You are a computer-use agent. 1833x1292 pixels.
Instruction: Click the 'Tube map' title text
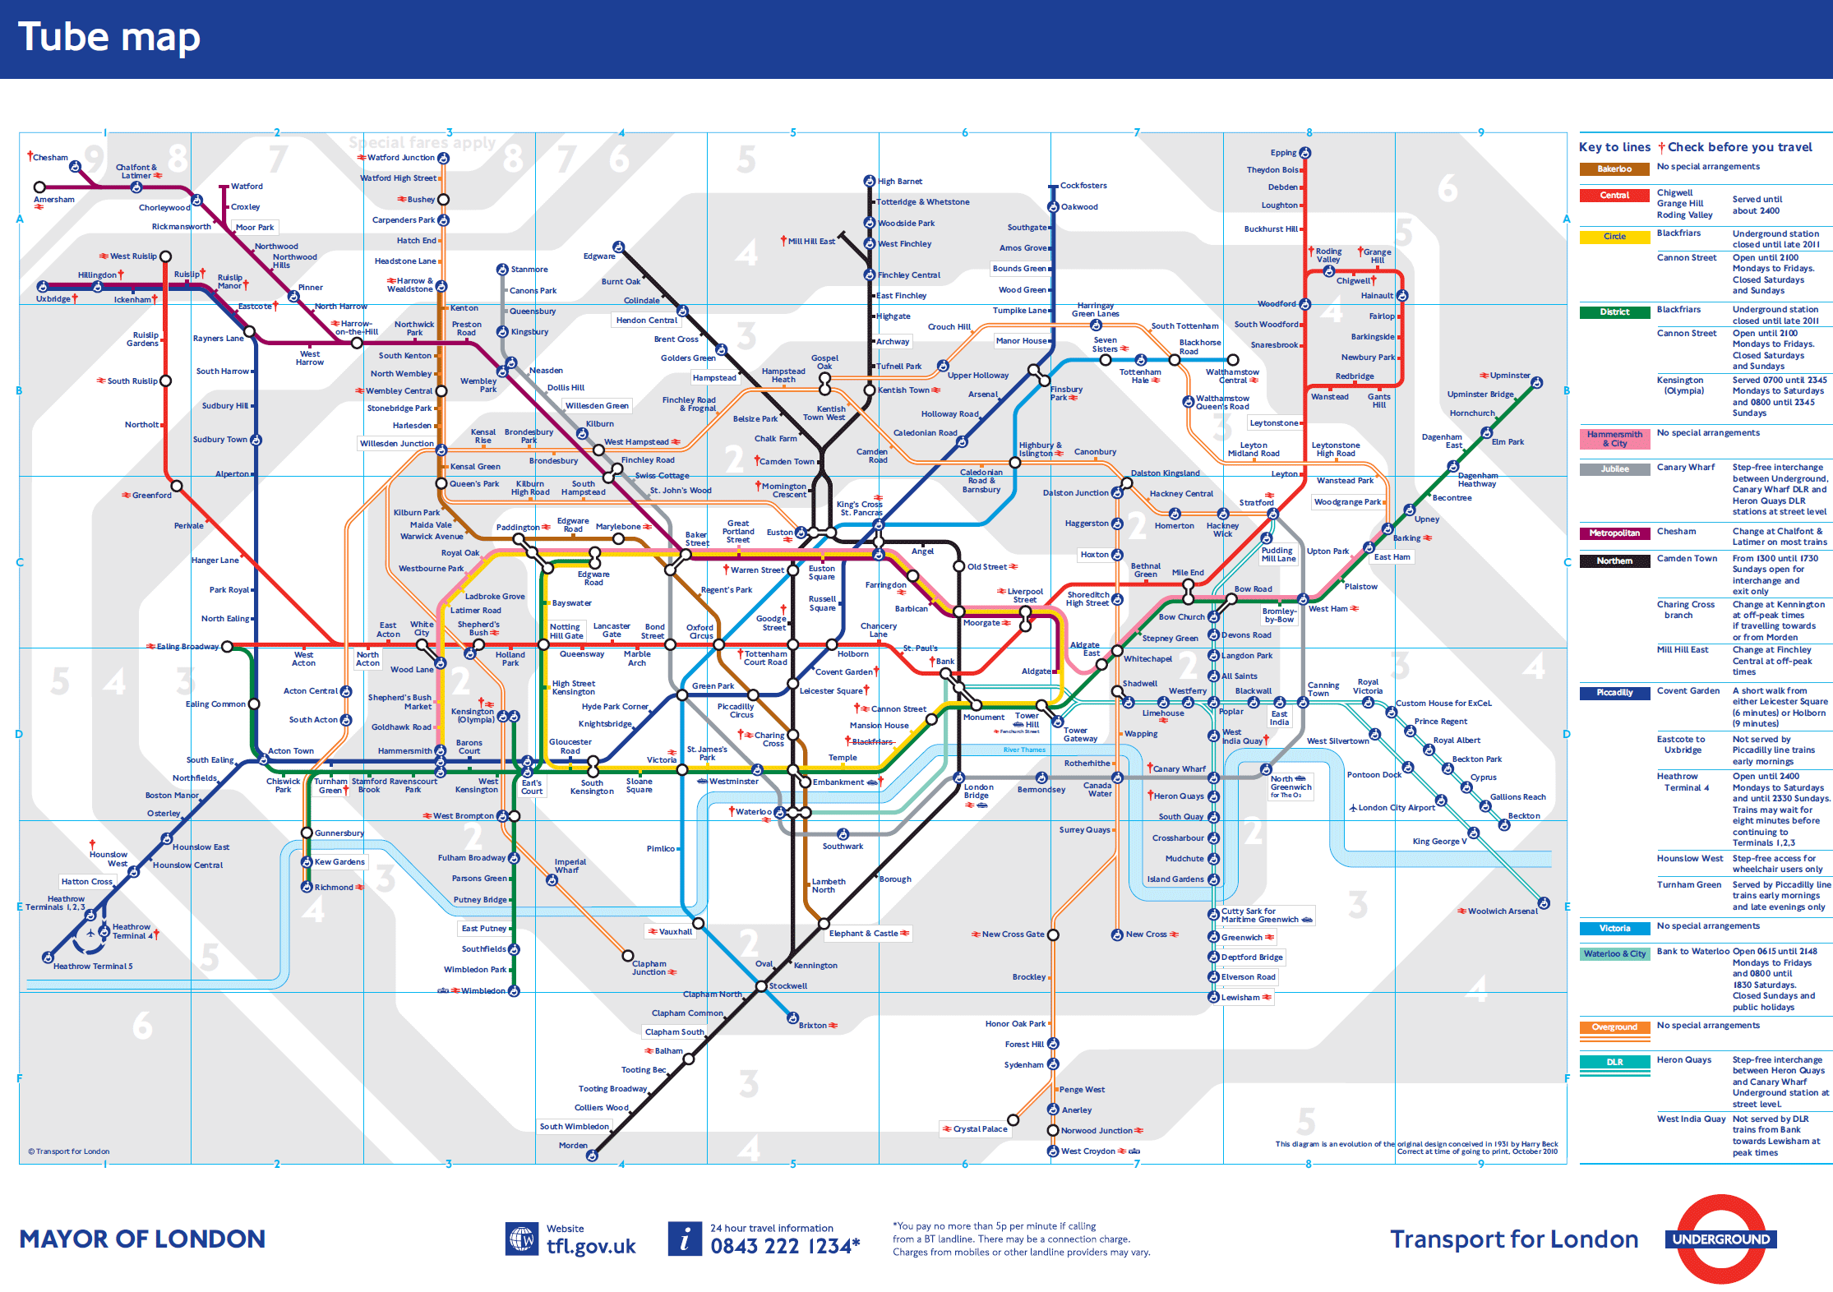click(x=109, y=38)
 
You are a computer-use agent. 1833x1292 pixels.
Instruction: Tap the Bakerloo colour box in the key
click(x=1614, y=169)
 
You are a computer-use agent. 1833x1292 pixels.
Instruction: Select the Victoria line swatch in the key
click(x=1614, y=929)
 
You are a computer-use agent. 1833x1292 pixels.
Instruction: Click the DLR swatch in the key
click(x=1614, y=1062)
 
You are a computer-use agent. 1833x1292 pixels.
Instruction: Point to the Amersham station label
click(x=54, y=200)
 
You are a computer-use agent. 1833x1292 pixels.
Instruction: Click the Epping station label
click(x=1282, y=153)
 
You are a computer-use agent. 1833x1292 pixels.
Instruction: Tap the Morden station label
click(x=573, y=1146)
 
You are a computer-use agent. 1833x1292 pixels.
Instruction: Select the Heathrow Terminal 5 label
click(x=93, y=967)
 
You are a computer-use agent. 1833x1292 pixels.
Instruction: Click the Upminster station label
click(x=1510, y=376)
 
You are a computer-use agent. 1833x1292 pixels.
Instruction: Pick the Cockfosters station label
click(x=1083, y=186)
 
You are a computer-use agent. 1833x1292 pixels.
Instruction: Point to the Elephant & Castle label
click(x=863, y=934)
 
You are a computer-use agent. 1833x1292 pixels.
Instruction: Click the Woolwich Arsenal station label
click(x=1503, y=911)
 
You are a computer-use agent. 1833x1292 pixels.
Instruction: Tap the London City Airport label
click(x=1396, y=808)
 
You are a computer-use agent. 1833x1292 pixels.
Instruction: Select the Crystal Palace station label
click(x=980, y=1129)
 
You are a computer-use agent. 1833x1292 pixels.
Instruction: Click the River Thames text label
click(x=1024, y=750)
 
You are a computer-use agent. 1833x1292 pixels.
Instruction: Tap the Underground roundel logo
click(x=1720, y=1239)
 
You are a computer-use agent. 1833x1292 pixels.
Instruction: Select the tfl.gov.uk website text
click(x=591, y=1247)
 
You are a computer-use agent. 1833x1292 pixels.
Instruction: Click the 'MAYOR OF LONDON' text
click(x=142, y=1239)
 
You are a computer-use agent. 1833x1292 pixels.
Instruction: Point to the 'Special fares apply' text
click(x=422, y=143)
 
